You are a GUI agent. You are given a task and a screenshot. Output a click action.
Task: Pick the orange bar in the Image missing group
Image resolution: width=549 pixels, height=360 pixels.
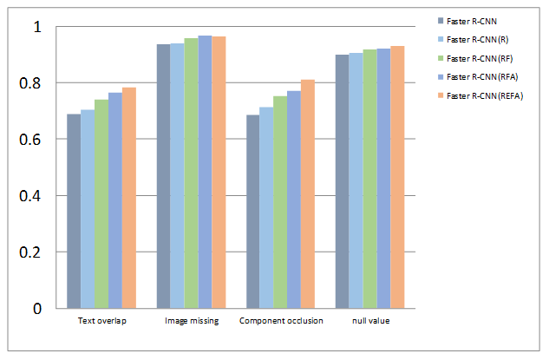click(x=219, y=173)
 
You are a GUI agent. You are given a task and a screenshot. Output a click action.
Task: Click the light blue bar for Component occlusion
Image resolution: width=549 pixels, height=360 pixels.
click(x=266, y=207)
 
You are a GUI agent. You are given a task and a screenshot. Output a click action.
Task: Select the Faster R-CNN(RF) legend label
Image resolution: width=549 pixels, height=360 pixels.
click(x=481, y=57)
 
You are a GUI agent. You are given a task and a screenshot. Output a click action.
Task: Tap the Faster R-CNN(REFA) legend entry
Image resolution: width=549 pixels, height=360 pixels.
click(x=486, y=95)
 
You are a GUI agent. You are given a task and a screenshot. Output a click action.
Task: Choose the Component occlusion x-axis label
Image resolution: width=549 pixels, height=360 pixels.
click(x=281, y=321)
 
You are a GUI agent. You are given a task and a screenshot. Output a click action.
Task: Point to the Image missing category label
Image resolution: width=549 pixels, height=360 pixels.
click(x=191, y=321)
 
